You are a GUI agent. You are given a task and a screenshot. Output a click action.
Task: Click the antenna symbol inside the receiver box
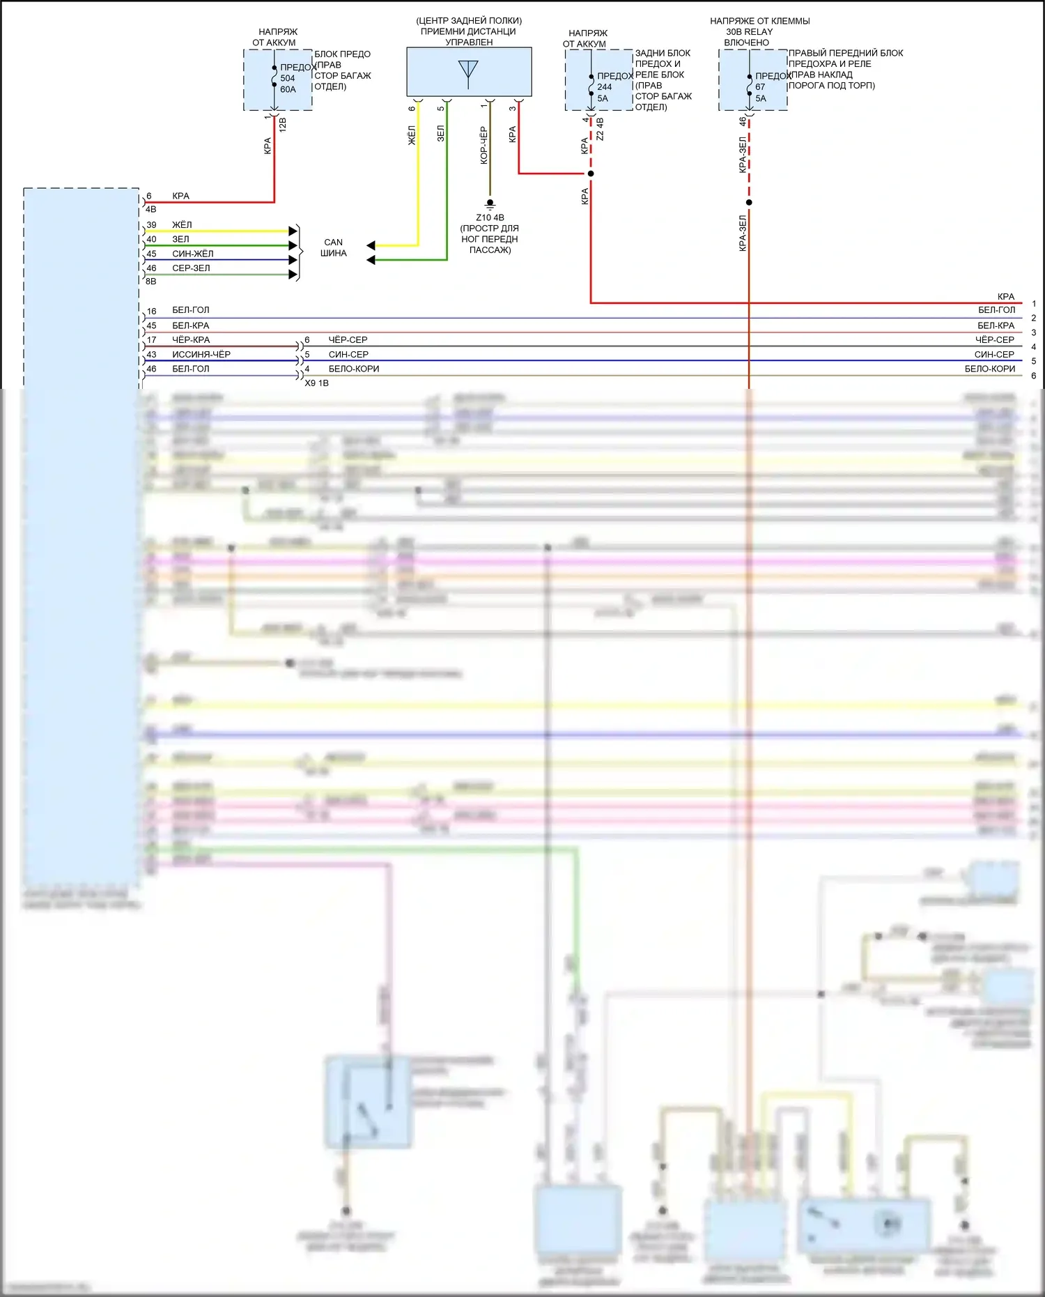point(468,72)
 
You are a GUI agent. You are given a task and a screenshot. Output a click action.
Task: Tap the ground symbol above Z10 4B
point(490,204)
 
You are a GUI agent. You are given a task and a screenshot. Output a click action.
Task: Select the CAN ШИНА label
point(333,247)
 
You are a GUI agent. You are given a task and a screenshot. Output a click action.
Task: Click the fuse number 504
point(288,78)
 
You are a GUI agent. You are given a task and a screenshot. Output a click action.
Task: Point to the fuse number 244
point(604,87)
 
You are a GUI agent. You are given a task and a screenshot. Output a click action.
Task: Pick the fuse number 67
point(760,87)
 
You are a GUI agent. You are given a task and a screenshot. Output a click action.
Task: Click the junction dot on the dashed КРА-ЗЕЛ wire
point(749,203)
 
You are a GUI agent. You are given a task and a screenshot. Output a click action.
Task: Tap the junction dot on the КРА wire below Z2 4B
point(591,174)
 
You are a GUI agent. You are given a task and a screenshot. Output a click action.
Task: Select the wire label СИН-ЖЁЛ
point(193,254)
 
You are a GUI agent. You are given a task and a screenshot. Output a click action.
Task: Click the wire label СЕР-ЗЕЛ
point(191,268)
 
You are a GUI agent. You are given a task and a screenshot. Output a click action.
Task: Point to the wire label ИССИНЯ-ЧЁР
point(201,354)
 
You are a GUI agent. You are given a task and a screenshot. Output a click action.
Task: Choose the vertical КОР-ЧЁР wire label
point(483,145)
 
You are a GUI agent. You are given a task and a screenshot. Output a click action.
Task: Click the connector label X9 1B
point(316,383)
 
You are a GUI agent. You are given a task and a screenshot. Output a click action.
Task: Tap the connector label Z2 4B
point(600,129)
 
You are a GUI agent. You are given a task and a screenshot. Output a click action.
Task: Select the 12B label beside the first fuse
point(282,125)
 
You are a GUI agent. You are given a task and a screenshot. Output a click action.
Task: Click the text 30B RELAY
point(749,31)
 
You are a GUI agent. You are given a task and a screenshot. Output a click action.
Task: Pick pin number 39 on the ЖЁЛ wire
point(151,225)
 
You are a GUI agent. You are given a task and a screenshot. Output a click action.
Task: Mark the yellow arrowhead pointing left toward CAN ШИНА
point(371,245)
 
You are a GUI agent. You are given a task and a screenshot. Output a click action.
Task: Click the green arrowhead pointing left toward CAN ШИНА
point(371,260)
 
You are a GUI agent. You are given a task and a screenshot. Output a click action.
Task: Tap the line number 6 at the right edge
point(1033,376)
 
